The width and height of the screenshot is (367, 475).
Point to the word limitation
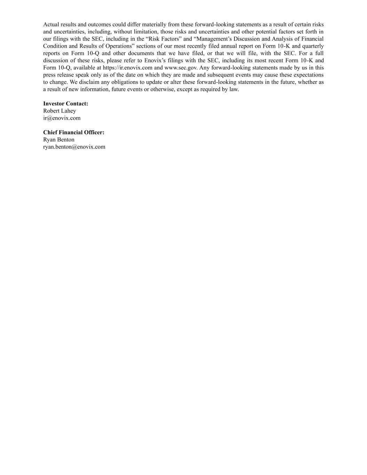[146, 32]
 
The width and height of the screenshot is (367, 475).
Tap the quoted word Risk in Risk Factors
[155, 39]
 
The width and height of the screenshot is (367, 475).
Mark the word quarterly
[313, 46]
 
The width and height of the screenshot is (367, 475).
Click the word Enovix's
[154, 61]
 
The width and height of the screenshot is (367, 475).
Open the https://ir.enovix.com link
[127, 68]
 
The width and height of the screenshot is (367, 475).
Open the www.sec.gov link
[181, 68]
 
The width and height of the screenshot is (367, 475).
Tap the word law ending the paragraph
[234, 89]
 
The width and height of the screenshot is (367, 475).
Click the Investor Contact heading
[65, 104]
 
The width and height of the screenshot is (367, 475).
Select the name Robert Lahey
[59, 111]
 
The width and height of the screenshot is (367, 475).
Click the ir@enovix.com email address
[62, 118]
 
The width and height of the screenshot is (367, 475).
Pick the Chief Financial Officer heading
[73, 133]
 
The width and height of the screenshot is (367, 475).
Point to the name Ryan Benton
[59, 140]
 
